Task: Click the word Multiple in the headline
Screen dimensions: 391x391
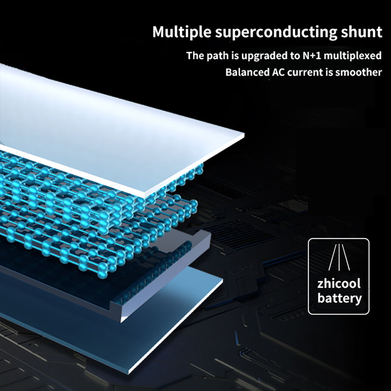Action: pos(182,32)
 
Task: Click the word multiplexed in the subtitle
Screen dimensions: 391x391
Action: pos(353,56)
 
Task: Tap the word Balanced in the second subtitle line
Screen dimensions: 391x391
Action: pos(247,72)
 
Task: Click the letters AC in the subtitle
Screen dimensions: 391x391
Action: pos(278,72)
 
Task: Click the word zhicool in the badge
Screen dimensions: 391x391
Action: pos(339,283)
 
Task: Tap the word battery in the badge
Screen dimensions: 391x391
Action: pos(340,298)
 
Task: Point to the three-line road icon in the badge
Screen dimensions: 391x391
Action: pos(339,258)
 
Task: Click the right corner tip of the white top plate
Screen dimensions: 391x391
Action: pos(244,135)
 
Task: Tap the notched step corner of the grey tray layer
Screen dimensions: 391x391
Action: pos(110,303)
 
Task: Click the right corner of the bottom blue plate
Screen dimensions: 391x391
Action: pos(222,279)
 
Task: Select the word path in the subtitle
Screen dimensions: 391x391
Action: pos(218,56)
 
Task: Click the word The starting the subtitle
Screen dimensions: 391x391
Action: pos(195,55)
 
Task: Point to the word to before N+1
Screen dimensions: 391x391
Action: pos(295,56)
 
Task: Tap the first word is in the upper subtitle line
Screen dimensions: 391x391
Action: pos(235,55)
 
